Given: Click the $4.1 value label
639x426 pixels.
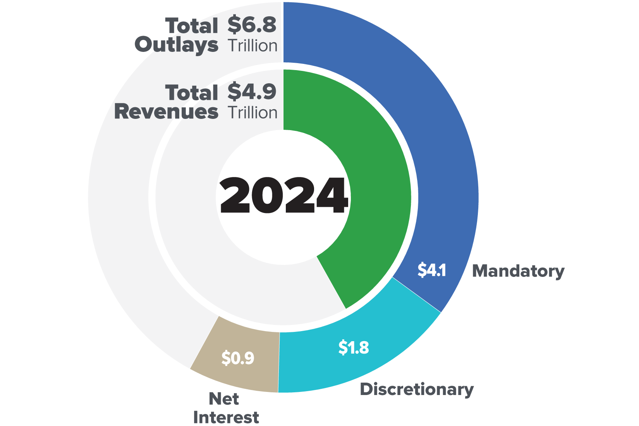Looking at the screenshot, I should [x=432, y=270].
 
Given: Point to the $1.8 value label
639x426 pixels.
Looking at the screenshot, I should [x=354, y=347].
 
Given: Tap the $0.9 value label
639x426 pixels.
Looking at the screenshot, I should [x=238, y=358].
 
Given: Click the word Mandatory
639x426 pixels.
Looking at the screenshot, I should [x=518, y=271].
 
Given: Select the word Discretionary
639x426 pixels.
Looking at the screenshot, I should [x=417, y=389].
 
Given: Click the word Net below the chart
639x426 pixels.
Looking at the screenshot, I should [x=224, y=399].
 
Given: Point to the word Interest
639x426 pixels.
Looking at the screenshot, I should [x=226, y=417].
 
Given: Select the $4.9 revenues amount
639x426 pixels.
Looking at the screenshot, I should [x=252, y=92].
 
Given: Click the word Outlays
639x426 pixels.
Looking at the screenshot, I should [x=177, y=45].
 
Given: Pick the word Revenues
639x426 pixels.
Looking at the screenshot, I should [x=166, y=112].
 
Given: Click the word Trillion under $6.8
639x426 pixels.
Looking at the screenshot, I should [x=253, y=46].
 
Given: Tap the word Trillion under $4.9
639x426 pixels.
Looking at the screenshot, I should [x=253, y=113].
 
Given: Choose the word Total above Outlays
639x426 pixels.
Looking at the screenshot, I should [x=192, y=26].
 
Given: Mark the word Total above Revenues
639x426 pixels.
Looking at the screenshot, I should [x=192, y=93].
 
